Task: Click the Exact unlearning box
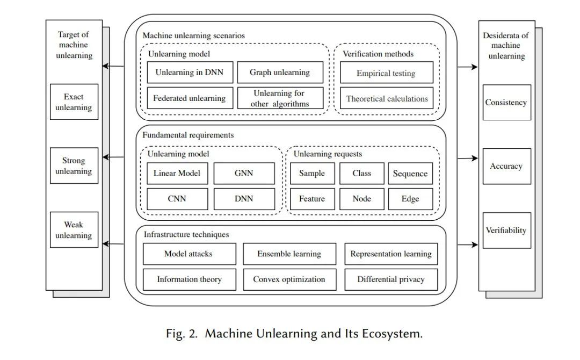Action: pyautogui.click(x=74, y=102)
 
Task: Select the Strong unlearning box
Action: pyautogui.click(x=74, y=165)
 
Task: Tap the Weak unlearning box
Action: pyautogui.click(x=74, y=229)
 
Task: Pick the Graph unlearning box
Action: pyautogui.click(x=280, y=73)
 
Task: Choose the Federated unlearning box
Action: pyautogui.click(x=189, y=98)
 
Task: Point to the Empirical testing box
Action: pyautogui.click(x=386, y=73)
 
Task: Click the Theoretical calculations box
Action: pyautogui.click(x=387, y=98)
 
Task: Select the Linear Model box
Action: pyautogui.click(x=177, y=174)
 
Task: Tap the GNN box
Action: pyautogui.click(x=244, y=174)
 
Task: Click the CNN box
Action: pyautogui.click(x=177, y=199)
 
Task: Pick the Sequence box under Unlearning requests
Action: pyautogui.click(x=410, y=174)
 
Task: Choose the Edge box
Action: pyautogui.click(x=410, y=199)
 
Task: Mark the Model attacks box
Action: pyautogui.click(x=189, y=254)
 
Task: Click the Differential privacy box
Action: pyautogui.click(x=391, y=279)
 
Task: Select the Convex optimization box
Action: pyautogui.click(x=289, y=279)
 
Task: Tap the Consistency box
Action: pyautogui.click(x=506, y=102)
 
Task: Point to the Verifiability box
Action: pyautogui.click(x=506, y=230)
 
